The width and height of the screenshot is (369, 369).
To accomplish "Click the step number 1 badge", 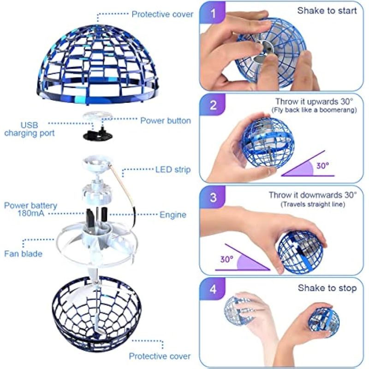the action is pos(213,13).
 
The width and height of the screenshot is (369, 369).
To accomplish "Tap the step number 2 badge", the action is pos(213,105).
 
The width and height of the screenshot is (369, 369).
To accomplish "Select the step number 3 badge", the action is pos(213,197).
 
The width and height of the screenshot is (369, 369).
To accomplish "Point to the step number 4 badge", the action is pos(213,289).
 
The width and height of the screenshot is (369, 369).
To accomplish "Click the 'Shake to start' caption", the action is pos(327,11).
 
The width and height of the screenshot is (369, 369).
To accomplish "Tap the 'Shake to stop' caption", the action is pos(327,288).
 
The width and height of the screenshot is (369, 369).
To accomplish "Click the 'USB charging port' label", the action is pos(30,129).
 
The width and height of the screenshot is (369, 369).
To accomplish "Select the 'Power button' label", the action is pos(166,121).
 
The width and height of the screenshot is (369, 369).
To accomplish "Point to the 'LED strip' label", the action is pos(173,170).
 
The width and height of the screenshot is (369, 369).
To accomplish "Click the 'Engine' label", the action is pos(173,215).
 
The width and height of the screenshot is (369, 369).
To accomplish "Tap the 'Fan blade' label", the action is pos(24,254).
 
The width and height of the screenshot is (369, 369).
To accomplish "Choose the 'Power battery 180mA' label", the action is pos(30,209).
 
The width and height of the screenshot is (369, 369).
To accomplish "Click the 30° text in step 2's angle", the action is pos(322,166).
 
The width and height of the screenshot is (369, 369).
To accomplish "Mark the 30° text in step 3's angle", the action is pos(227,259).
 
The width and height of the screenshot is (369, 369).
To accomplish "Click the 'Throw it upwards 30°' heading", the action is pos(314,101).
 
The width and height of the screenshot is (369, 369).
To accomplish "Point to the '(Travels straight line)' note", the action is pos(313,204).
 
